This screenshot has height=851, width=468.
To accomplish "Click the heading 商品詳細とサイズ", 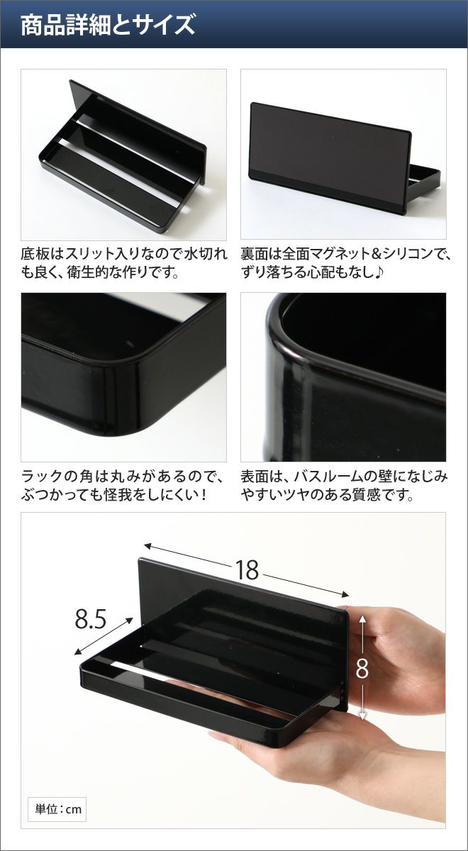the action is pyautogui.click(x=108, y=25).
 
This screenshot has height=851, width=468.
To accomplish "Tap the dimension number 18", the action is pyautogui.click(x=247, y=569).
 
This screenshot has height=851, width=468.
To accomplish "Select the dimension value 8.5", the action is pyautogui.click(x=91, y=619).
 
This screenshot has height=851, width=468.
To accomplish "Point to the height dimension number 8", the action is pyautogui.click(x=362, y=668).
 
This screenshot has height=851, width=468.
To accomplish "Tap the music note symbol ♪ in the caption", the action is pyautogui.click(x=379, y=272).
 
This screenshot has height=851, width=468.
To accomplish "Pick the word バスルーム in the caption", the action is pyautogui.click(x=328, y=477).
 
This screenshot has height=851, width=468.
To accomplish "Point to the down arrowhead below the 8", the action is pyautogui.click(x=362, y=716).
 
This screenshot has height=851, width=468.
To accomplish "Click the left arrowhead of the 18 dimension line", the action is pyautogui.click(x=147, y=546).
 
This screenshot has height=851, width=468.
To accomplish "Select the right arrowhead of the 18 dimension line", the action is pyautogui.click(x=345, y=595).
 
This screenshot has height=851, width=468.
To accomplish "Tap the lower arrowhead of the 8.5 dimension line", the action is pyautogui.click(x=77, y=652).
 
